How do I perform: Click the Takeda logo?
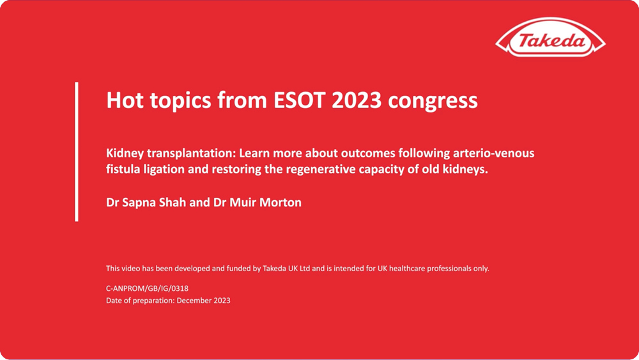(550, 42)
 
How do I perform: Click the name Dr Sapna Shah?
(143, 203)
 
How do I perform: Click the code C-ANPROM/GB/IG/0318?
(147, 288)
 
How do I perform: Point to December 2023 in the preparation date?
(203, 301)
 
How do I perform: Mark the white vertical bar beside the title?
(77, 152)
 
